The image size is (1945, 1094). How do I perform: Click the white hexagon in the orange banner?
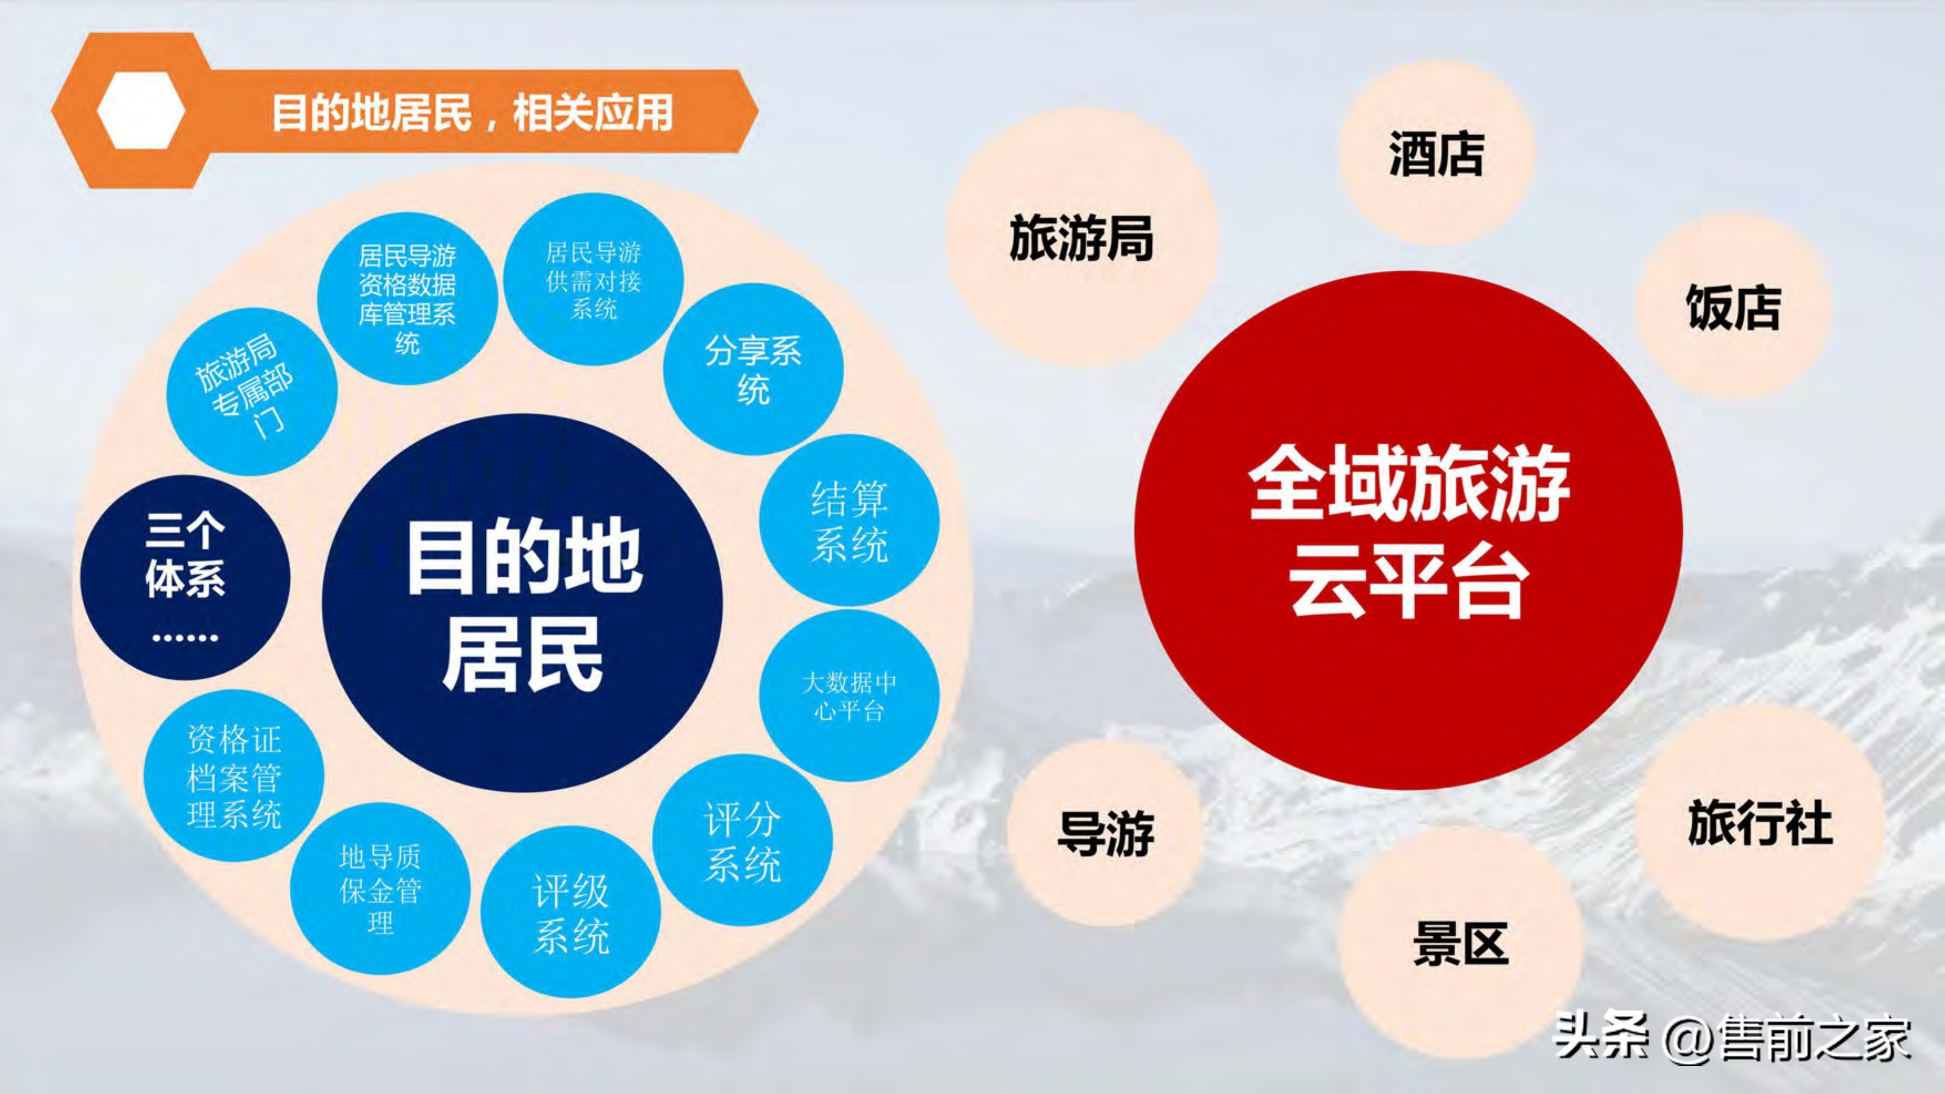pyautogui.click(x=141, y=111)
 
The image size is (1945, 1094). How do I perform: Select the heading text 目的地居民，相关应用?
pyautogui.click(x=472, y=113)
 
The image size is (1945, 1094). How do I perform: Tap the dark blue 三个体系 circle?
pyautogui.click(x=185, y=578)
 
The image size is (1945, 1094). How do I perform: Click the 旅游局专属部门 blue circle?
pyautogui.click(x=251, y=391)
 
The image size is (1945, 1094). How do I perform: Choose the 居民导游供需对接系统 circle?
pyautogui.click(x=593, y=279)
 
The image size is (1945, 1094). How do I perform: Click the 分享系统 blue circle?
pyautogui.click(x=753, y=369)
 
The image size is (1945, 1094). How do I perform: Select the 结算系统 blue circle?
pyautogui.click(x=849, y=520)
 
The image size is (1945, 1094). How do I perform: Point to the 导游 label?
pyautogui.click(x=1105, y=834)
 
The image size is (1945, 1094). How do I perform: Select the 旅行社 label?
pyautogui.click(x=1760, y=822)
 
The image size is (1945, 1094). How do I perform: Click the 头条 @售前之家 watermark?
pyautogui.click(x=1731, y=1038)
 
